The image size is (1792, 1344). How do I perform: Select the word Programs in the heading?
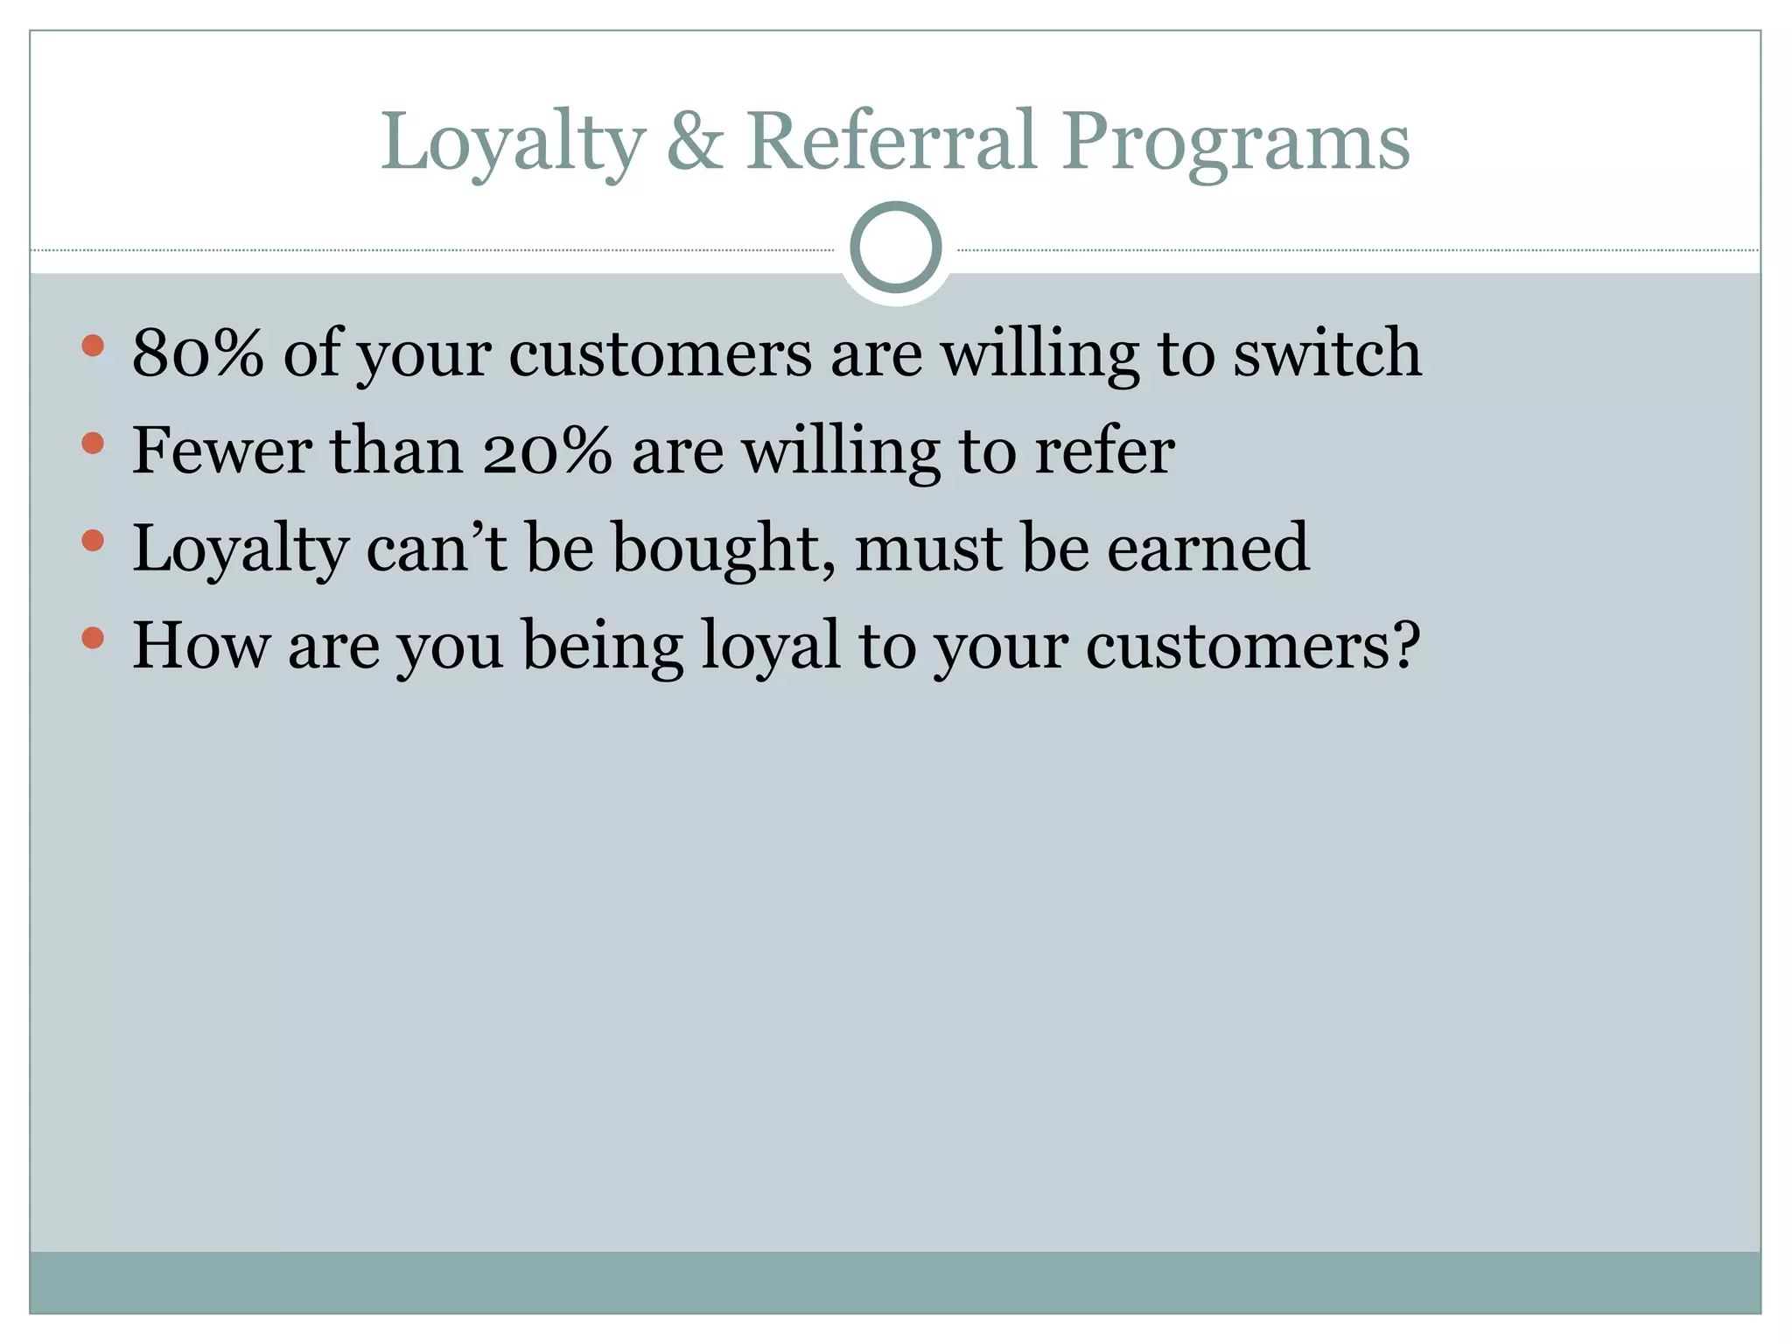click(x=1236, y=142)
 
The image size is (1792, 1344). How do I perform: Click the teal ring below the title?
click(x=895, y=247)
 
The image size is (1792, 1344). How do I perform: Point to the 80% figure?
click(x=198, y=353)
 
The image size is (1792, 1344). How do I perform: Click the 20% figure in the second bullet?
click(x=546, y=451)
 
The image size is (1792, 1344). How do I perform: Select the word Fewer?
click(x=222, y=451)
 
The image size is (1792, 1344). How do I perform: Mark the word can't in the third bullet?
click(x=437, y=549)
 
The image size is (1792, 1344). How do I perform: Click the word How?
click(x=201, y=646)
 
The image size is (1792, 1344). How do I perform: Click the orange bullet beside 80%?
click(x=93, y=346)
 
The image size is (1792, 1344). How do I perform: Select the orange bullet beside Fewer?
click(x=93, y=444)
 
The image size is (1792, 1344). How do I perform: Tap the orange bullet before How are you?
click(x=93, y=638)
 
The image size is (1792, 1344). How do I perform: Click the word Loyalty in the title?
click(x=513, y=142)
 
